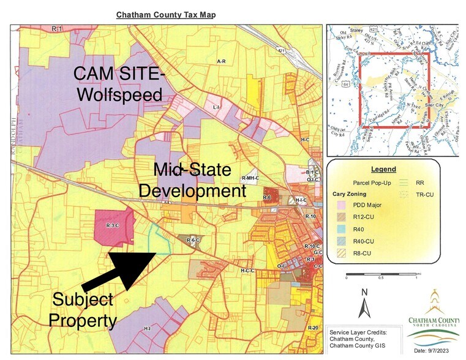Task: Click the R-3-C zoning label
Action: tap(112, 226)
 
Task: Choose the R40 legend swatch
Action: tap(340, 229)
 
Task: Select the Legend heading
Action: tap(383, 169)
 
